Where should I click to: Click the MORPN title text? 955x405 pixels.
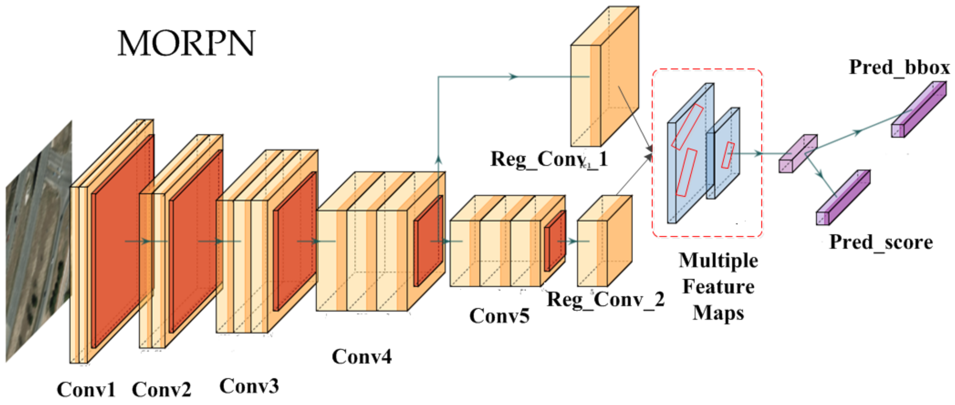tap(187, 43)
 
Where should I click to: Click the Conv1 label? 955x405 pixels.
tap(86, 389)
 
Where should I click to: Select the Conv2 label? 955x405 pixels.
tap(162, 389)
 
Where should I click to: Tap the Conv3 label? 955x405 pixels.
tap(249, 386)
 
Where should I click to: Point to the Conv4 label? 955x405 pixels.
tap(361, 357)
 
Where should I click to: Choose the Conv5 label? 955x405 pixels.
tap(499, 316)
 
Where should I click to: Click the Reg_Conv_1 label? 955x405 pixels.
tap(549, 159)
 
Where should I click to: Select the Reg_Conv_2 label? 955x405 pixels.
tap(606, 299)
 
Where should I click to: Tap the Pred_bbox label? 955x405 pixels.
tap(899, 67)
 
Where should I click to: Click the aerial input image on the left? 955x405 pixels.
tap(39, 241)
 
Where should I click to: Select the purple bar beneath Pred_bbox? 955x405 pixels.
tap(919, 110)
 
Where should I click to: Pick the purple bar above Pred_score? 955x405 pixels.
tap(843, 197)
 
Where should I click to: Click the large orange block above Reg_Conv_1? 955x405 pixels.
tap(604, 78)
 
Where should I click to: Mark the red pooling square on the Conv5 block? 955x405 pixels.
tap(555, 241)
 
